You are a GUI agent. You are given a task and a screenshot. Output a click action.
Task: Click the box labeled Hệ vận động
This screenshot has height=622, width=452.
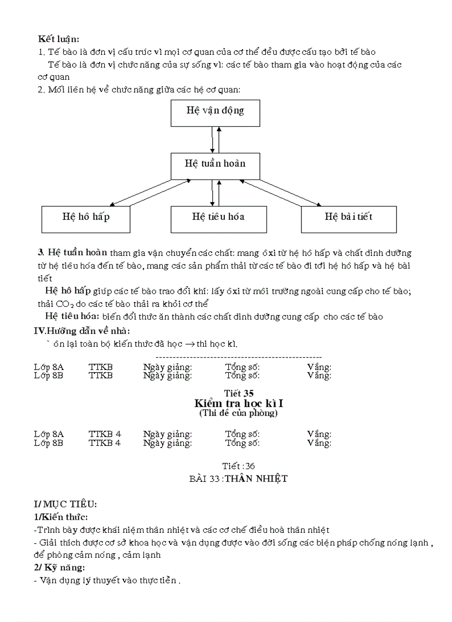click(215, 114)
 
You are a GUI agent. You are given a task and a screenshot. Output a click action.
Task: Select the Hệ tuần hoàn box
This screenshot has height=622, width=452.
click(215, 165)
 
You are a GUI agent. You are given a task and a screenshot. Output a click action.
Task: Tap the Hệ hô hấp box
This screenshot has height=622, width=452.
click(86, 218)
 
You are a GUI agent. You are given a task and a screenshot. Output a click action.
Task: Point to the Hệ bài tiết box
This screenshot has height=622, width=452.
click(348, 218)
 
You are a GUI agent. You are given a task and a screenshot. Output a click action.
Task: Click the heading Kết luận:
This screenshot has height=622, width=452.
click(58, 39)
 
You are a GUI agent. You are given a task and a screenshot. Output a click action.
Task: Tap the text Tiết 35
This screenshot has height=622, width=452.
click(238, 393)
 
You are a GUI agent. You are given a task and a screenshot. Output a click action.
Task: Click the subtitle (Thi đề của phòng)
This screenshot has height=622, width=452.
click(238, 413)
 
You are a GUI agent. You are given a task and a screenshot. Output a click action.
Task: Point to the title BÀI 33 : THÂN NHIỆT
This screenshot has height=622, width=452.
click(238, 479)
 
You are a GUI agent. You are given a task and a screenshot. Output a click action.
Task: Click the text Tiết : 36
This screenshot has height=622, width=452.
click(238, 466)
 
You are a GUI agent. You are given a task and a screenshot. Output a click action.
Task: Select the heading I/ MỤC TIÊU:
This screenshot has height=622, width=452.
click(65, 504)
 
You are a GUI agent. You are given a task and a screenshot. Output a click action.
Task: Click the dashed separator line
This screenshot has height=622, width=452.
click(239, 357)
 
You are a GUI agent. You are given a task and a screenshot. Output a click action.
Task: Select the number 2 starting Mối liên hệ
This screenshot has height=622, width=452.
click(40, 90)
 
